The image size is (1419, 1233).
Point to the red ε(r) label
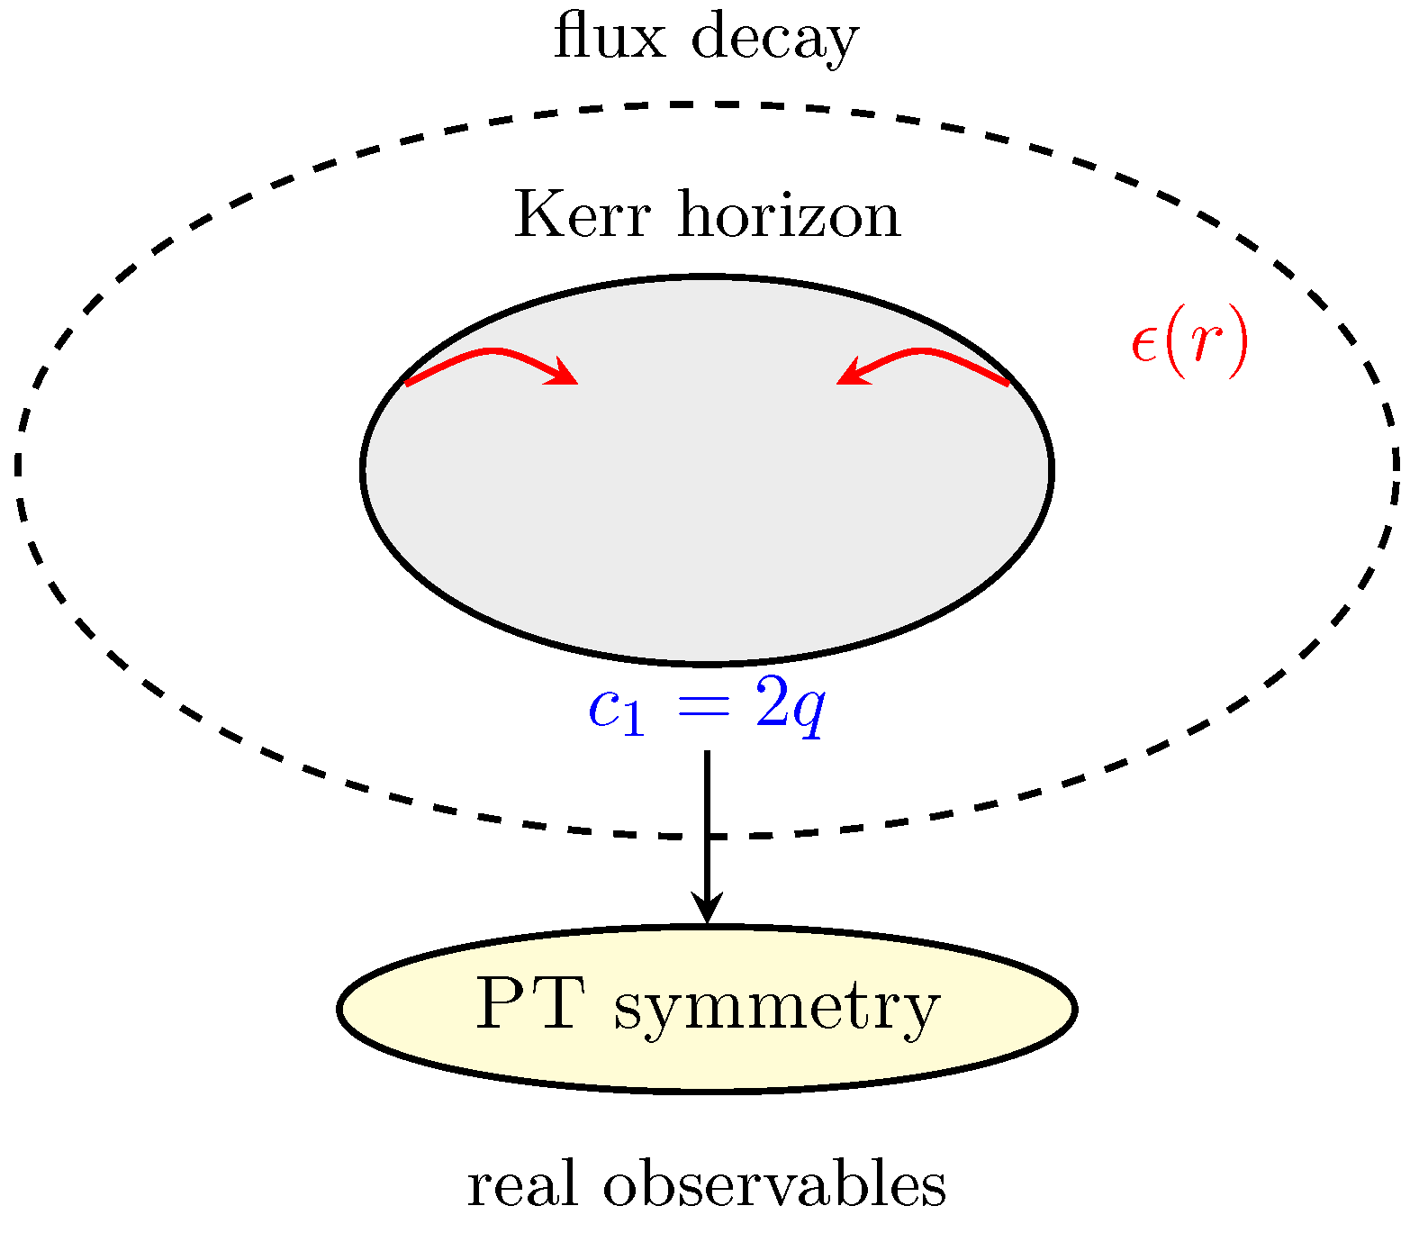click(x=1189, y=344)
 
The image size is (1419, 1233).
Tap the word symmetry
click(x=776, y=1009)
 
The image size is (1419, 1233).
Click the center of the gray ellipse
click(x=708, y=469)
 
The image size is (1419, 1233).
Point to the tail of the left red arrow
click(x=408, y=384)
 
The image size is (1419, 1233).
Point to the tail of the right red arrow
click(x=1007, y=384)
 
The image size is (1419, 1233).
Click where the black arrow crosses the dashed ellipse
click(x=708, y=837)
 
